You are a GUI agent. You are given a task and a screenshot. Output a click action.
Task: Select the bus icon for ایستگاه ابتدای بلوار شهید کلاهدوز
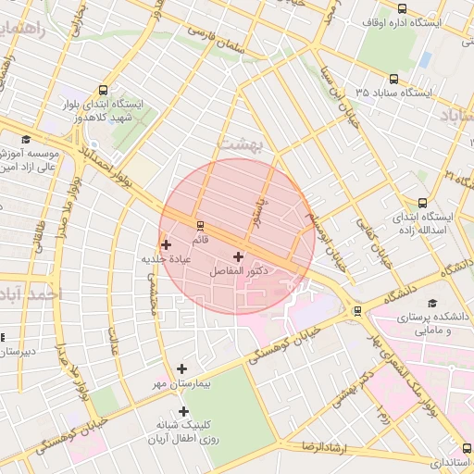(102, 91)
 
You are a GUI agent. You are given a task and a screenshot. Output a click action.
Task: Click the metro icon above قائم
(200, 225)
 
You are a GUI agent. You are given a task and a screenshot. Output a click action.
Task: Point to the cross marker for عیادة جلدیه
(166, 245)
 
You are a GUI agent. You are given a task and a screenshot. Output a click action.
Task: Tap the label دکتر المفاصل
(239, 271)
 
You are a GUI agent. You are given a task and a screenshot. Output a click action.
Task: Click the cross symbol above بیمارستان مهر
(181, 368)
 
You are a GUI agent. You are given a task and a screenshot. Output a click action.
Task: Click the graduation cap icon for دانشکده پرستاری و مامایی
(432, 303)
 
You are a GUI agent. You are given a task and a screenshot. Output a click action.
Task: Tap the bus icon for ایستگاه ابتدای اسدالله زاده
(423, 203)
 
